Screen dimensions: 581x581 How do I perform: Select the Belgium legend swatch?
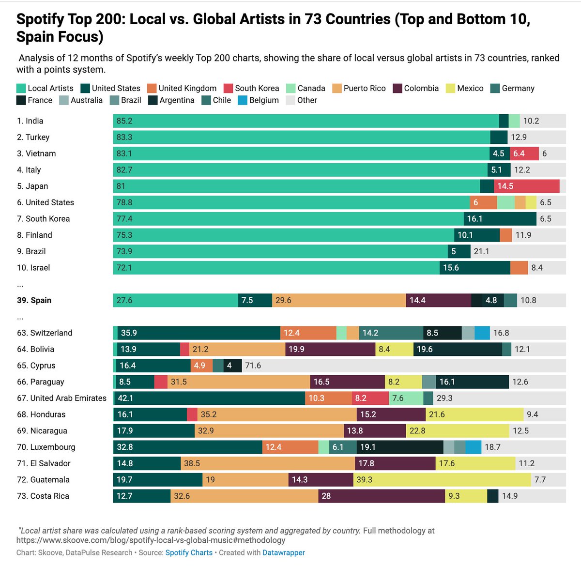click(x=243, y=100)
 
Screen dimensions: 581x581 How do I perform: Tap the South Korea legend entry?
click(x=251, y=88)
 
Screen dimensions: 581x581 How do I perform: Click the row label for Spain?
click(x=34, y=300)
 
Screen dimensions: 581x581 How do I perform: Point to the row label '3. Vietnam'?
click(x=36, y=153)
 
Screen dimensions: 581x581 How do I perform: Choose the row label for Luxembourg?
click(x=46, y=447)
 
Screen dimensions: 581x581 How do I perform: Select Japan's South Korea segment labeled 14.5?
click(x=526, y=186)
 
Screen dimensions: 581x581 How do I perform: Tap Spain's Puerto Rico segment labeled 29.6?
click(x=339, y=300)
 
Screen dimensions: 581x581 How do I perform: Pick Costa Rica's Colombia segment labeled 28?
click(x=382, y=496)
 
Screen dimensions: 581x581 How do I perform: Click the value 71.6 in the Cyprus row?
click(x=253, y=366)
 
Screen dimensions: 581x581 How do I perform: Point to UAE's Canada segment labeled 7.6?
click(x=406, y=398)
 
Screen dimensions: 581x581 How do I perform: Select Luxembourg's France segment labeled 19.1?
click(x=400, y=447)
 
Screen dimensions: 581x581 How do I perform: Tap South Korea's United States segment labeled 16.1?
click(x=500, y=219)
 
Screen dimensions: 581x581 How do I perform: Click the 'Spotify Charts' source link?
click(x=189, y=552)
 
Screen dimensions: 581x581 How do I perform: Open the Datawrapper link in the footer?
click(x=284, y=552)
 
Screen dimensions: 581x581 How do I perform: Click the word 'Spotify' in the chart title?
click(x=41, y=19)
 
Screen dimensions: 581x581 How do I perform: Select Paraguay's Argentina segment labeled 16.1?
click(x=472, y=382)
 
